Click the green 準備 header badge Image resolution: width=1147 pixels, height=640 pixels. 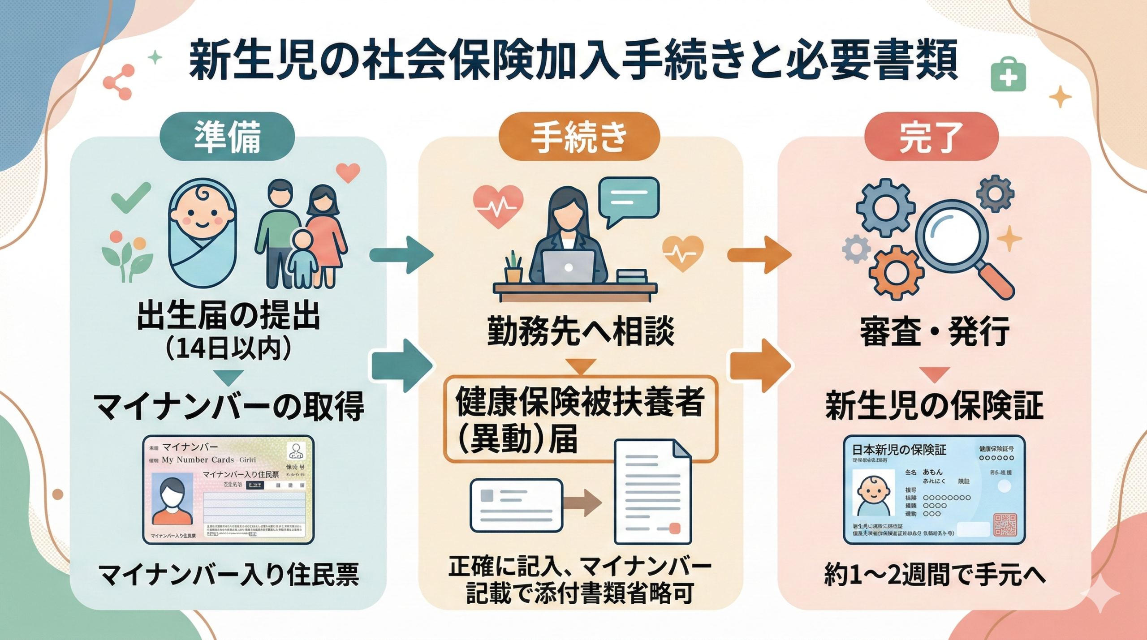click(227, 137)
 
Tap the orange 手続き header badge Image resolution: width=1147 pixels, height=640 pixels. click(579, 137)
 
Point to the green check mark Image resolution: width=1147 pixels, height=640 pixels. click(130, 198)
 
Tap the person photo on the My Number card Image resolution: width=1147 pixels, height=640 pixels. click(172, 499)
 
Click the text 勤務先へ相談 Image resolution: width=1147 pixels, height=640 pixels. click(581, 332)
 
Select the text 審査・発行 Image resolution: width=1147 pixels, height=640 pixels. click(934, 332)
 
